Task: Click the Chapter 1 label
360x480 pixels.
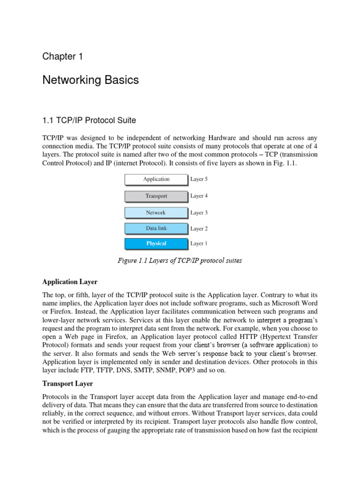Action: pyautogui.click(x=62, y=57)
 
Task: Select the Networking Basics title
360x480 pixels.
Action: pyautogui.click(x=90, y=80)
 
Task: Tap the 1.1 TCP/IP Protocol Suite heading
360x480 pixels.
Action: pyautogui.click(x=89, y=120)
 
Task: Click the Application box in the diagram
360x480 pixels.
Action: pyautogui.click(x=156, y=180)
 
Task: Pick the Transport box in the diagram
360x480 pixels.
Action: pyautogui.click(x=156, y=196)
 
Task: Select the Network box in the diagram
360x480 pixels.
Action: pyautogui.click(x=156, y=213)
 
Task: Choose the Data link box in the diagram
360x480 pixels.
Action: pyautogui.click(x=156, y=229)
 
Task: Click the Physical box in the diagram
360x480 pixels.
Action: pyautogui.click(x=156, y=244)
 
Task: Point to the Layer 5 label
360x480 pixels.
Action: pyautogui.click(x=199, y=179)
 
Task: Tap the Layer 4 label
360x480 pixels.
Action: pyautogui.click(x=199, y=196)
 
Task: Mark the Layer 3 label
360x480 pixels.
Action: pyautogui.click(x=199, y=213)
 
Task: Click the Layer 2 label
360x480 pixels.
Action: pyautogui.click(x=199, y=229)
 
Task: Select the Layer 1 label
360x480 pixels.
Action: pyautogui.click(x=199, y=244)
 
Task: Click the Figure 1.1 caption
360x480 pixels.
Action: pyautogui.click(x=180, y=261)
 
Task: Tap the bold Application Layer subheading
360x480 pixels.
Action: pyautogui.click(x=70, y=282)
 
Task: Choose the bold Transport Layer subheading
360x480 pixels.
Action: pyautogui.click(x=67, y=383)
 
